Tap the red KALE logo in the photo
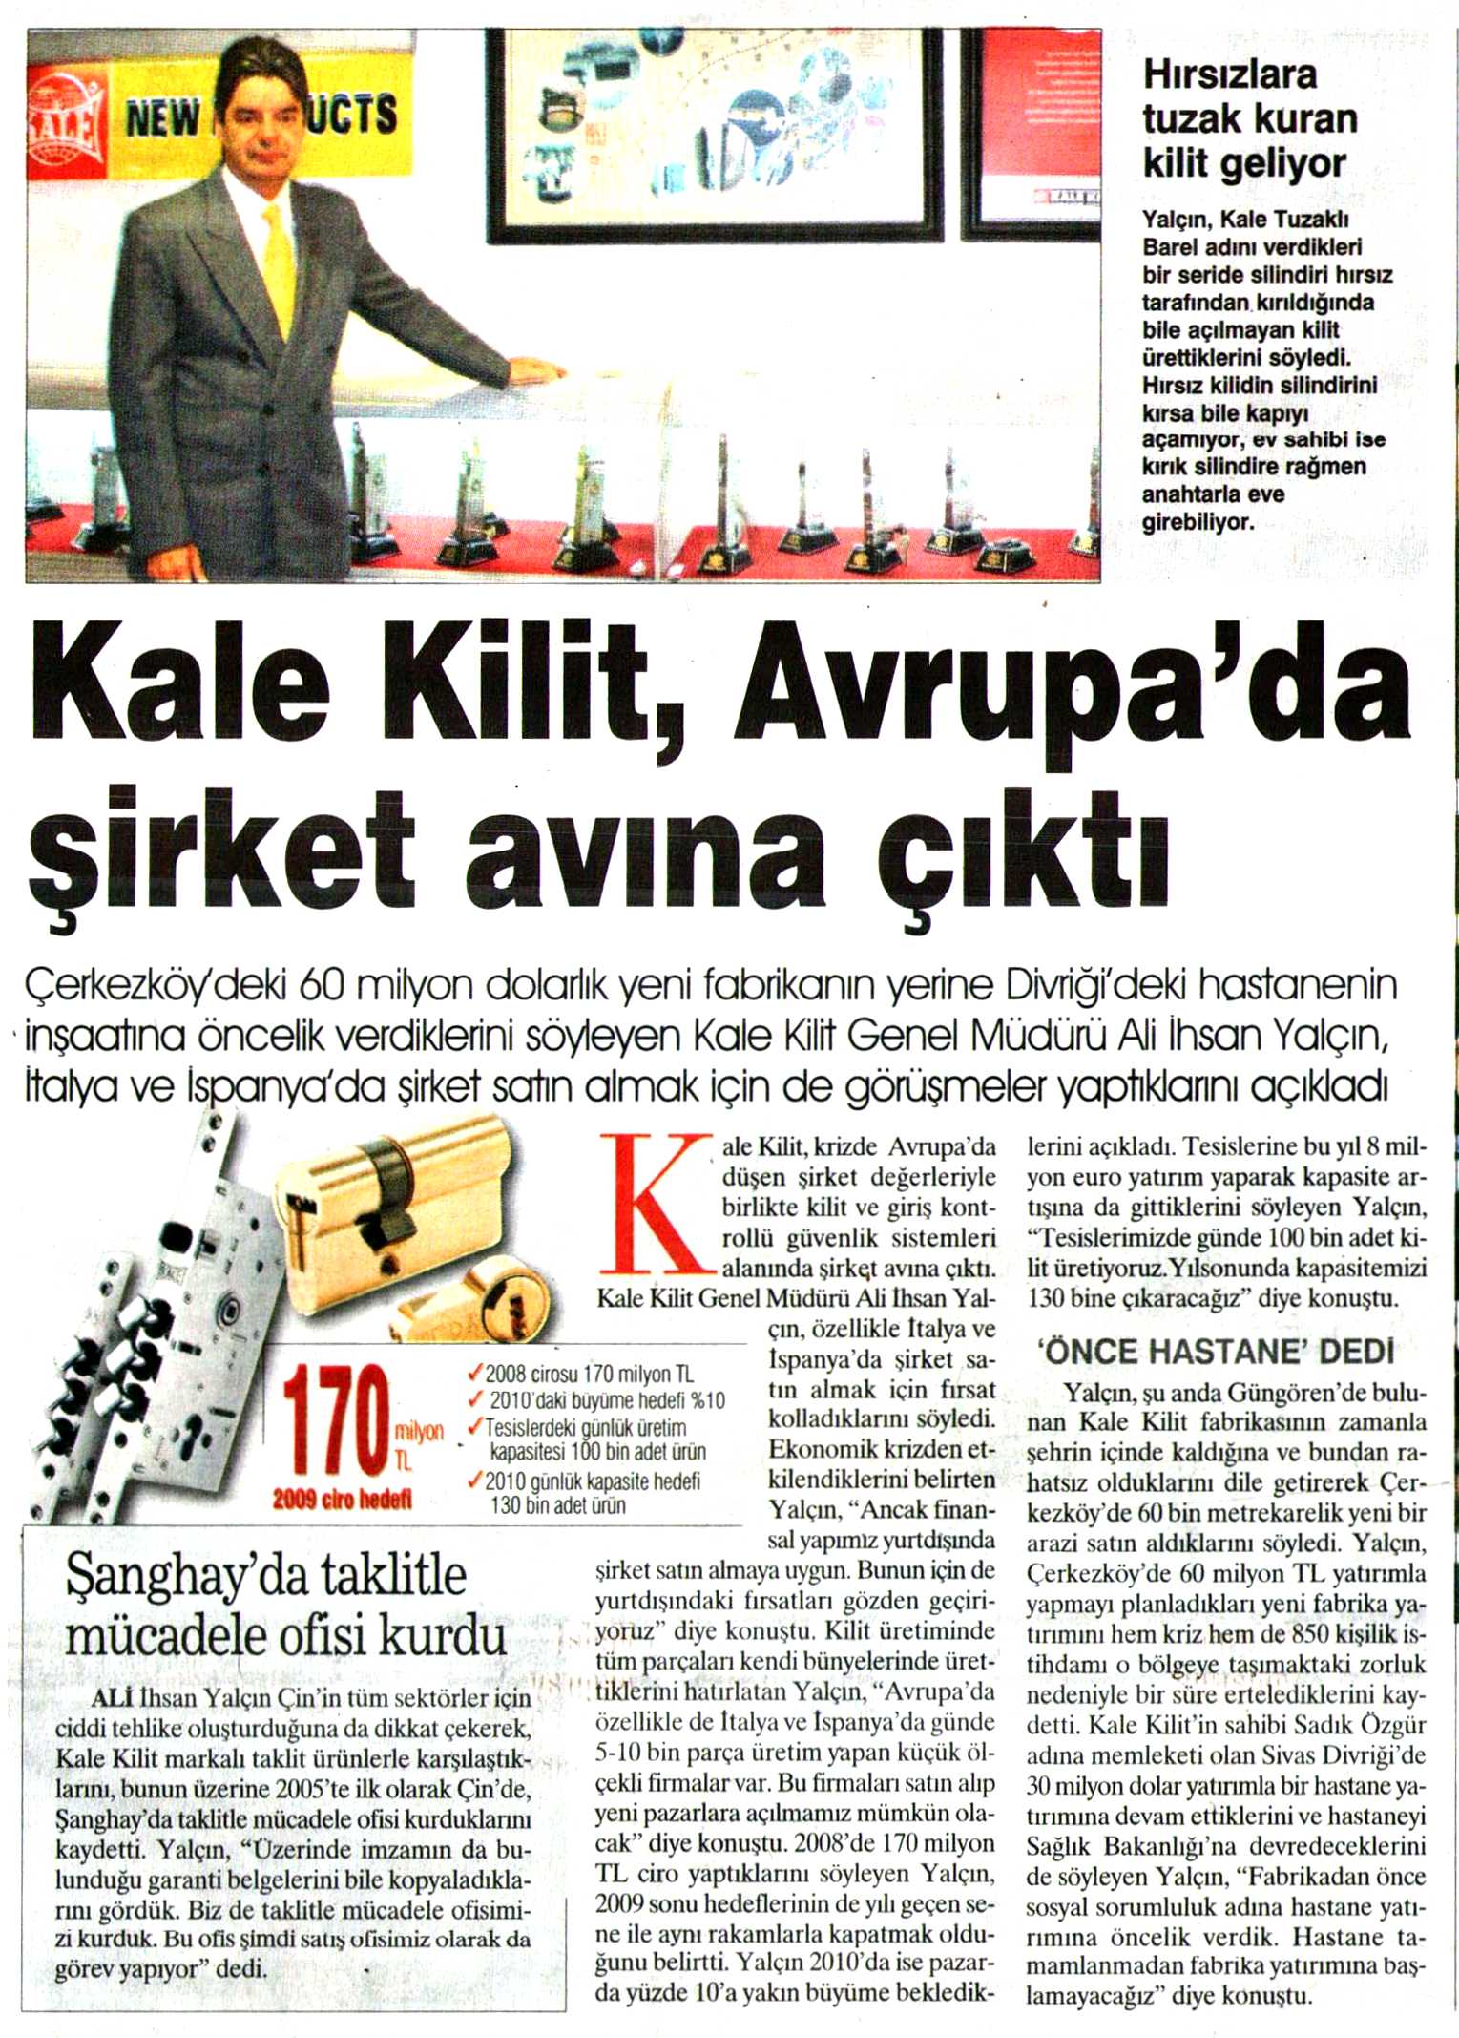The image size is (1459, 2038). [x=64, y=129]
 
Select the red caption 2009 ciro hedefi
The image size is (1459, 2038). [x=342, y=1500]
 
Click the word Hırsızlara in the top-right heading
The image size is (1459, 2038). [x=1229, y=74]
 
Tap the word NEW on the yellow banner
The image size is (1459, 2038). [x=162, y=118]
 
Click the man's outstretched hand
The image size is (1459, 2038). [x=540, y=372]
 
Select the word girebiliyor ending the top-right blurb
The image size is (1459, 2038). [x=1198, y=522]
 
